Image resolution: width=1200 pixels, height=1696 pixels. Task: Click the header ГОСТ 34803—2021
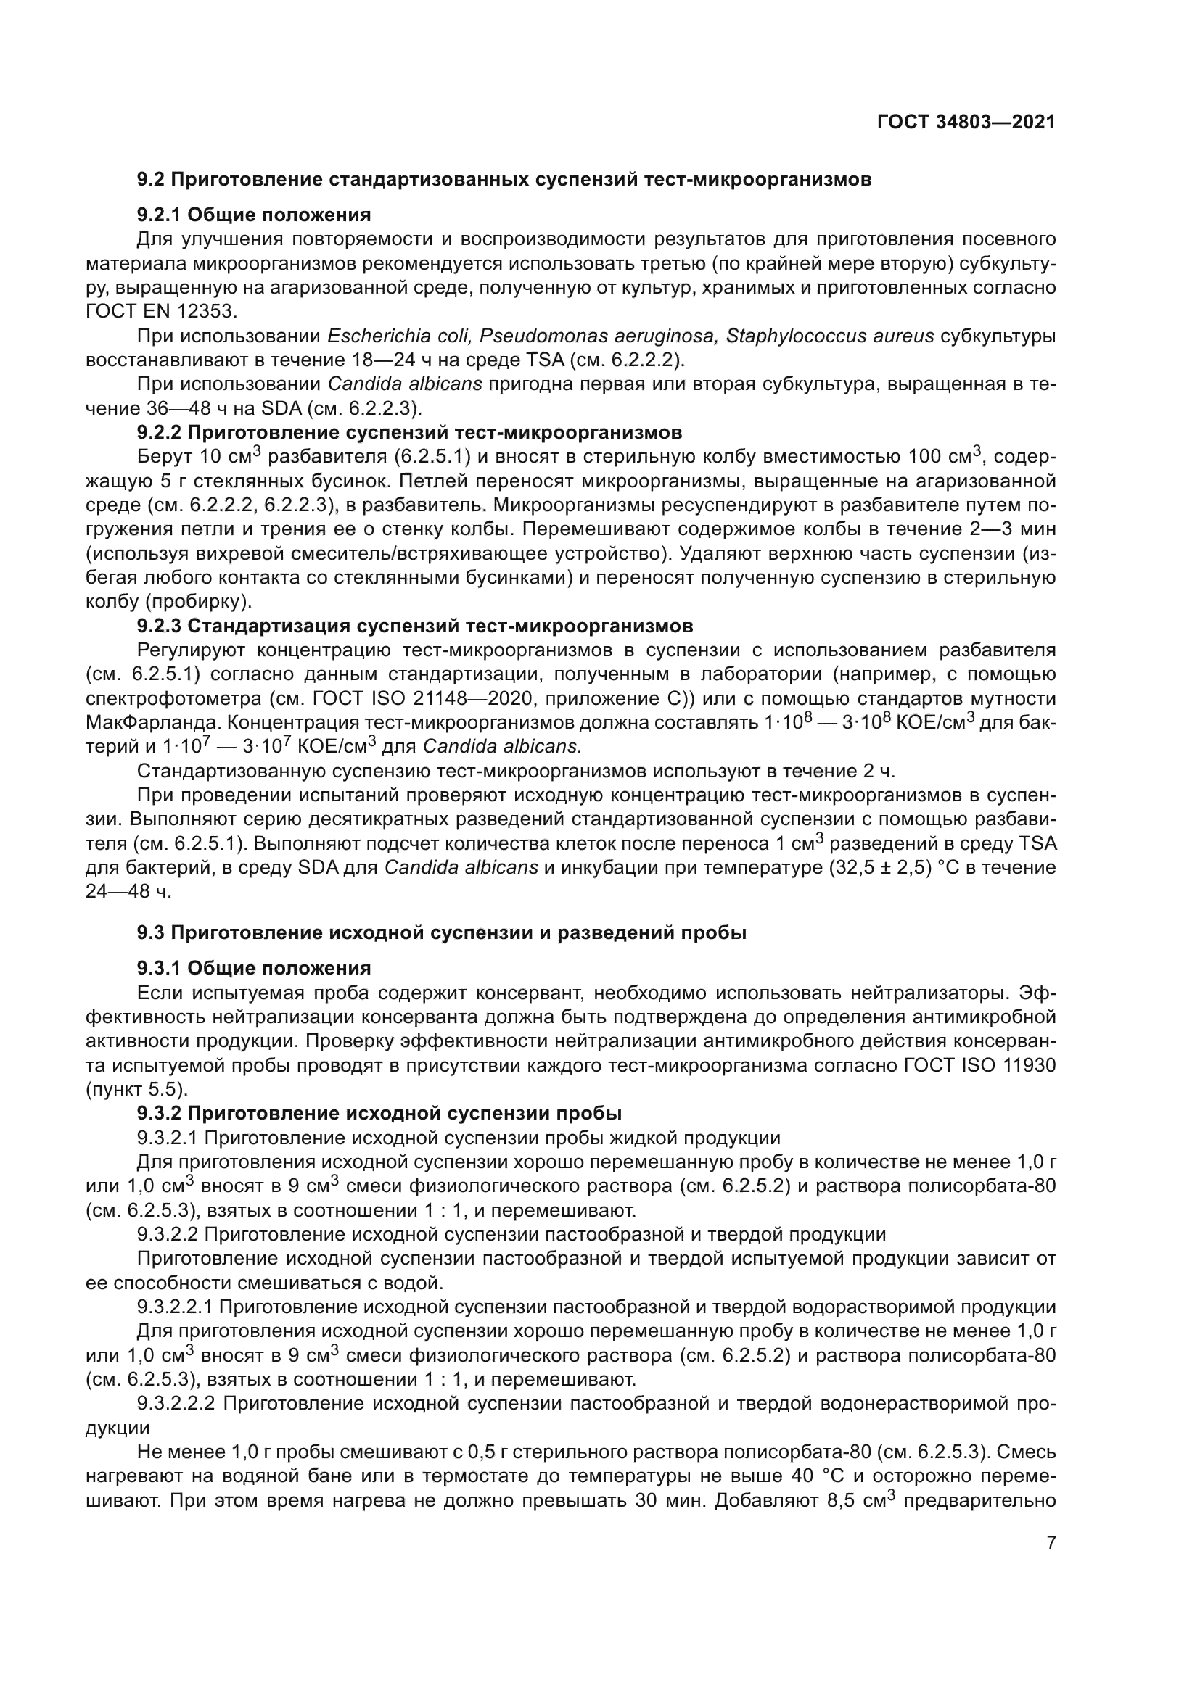pos(966,123)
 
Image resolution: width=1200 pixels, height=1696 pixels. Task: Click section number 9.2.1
pos(160,215)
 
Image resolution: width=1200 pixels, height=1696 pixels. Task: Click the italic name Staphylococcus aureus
pos(828,336)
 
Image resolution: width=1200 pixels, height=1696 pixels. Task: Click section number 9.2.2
pos(160,432)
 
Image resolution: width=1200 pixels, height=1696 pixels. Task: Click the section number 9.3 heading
pos(152,933)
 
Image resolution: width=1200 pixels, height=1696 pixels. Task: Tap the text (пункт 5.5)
pos(136,1089)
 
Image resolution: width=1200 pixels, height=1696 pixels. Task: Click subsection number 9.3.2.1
pos(167,1138)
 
